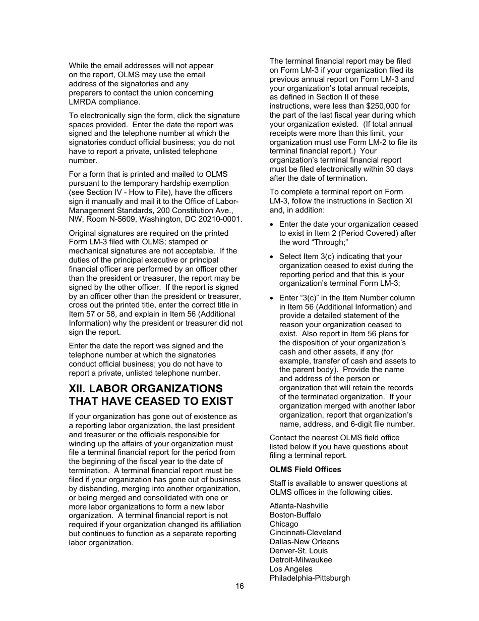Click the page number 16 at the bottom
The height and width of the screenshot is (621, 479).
coord(239,586)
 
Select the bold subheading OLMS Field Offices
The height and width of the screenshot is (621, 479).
coord(305,470)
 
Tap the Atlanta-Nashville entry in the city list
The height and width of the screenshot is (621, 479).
coord(298,506)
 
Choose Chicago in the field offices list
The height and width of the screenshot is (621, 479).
coord(283,524)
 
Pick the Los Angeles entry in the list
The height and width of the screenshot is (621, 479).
coord(291,569)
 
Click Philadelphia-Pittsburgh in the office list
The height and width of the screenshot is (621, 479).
coord(310,578)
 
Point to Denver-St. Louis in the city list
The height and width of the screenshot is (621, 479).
coord(298,551)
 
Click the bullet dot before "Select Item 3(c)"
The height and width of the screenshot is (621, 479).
coord(272,257)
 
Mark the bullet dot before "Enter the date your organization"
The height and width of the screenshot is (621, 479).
coord(272,225)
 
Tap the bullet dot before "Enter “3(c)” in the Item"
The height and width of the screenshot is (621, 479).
coord(272,298)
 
